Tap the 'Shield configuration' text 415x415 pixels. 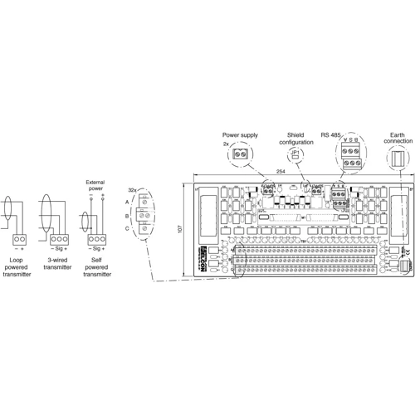pos(295,137)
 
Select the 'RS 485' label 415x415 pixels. pos(332,133)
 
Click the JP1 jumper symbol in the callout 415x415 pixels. pos(295,154)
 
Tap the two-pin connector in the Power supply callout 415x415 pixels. pos(242,154)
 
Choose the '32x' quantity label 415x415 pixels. pos(133,190)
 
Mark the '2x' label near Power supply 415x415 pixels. pos(226,144)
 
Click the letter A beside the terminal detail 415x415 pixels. pos(127,202)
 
